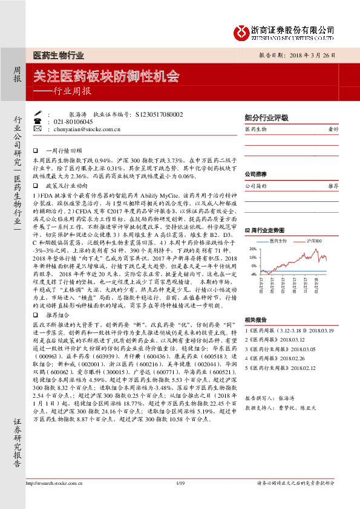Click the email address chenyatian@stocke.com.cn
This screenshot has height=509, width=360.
[x=87, y=129]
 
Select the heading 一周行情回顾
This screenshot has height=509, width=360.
[x=67, y=149]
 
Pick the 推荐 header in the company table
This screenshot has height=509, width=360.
[x=332, y=186]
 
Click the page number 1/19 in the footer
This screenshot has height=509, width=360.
[x=180, y=500]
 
